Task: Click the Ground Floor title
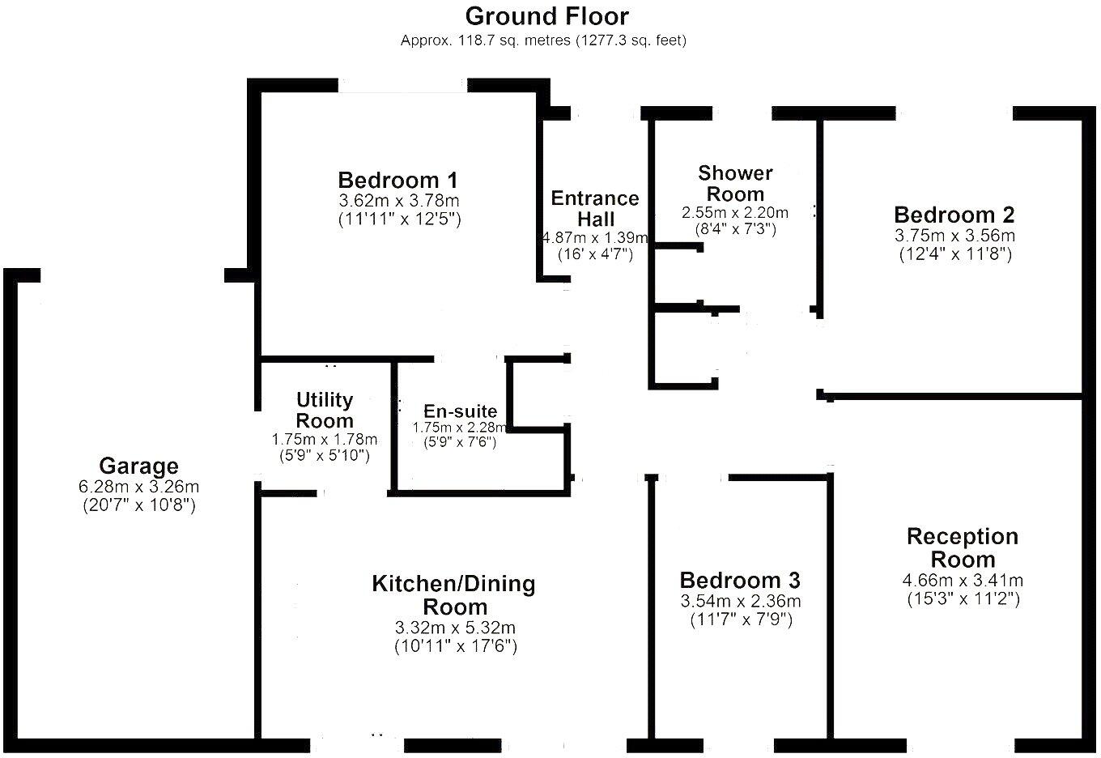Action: (x=547, y=15)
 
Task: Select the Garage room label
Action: (x=138, y=466)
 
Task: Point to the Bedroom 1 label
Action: (x=398, y=180)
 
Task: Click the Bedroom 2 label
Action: (x=954, y=215)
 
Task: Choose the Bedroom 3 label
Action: (x=740, y=581)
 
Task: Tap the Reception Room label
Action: (x=963, y=548)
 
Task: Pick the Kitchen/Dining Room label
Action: (x=454, y=595)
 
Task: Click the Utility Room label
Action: (x=325, y=411)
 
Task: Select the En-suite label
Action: (x=460, y=411)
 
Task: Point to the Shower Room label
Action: (x=735, y=184)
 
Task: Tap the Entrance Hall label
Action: (x=595, y=209)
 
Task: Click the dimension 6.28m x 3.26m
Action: (x=138, y=487)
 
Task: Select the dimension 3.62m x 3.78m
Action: (x=399, y=200)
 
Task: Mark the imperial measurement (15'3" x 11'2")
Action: (x=963, y=599)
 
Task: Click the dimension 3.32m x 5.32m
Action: (x=455, y=628)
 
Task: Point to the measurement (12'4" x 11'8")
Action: (x=955, y=254)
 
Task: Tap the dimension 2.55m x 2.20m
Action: (x=735, y=212)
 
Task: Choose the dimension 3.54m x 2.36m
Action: (x=740, y=602)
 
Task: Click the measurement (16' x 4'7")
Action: (x=595, y=254)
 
